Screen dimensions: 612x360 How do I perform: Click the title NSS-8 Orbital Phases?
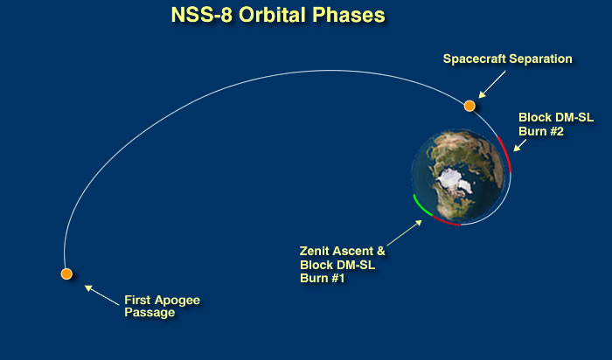click(x=278, y=15)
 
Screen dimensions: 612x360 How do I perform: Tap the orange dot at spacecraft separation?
click(x=469, y=106)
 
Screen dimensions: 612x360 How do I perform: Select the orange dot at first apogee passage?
click(x=66, y=273)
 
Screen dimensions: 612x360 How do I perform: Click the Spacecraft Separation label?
click(x=507, y=59)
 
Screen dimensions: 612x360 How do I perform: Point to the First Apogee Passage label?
click(x=162, y=306)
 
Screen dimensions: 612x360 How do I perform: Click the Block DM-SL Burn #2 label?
click(x=556, y=124)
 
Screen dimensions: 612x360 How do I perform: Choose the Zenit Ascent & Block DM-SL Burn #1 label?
click(x=343, y=265)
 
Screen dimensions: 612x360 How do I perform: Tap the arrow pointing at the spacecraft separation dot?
click(x=492, y=84)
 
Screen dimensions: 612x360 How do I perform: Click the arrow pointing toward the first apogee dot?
click(x=102, y=295)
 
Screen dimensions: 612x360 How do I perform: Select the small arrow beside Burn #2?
click(x=520, y=145)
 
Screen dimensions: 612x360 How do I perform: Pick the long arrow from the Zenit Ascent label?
click(x=404, y=232)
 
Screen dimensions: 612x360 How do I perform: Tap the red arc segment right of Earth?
click(x=506, y=154)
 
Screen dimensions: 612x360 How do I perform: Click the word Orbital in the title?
click(x=273, y=15)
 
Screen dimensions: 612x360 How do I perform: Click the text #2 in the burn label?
click(x=555, y=131)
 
